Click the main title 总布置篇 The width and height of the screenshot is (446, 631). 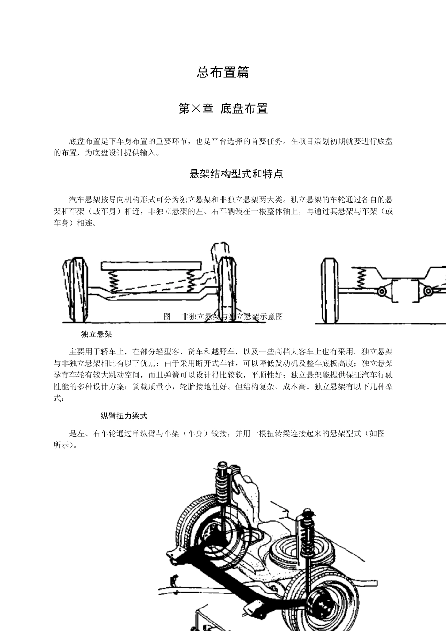223,73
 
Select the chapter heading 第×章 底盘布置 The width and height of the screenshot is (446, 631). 223,109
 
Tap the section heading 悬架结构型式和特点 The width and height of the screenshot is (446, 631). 236,174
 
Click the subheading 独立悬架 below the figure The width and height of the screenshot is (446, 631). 96,334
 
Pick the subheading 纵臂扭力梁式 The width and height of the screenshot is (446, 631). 124,416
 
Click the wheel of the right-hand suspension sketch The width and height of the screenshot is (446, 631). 330,291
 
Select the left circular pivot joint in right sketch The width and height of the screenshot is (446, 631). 382,292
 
